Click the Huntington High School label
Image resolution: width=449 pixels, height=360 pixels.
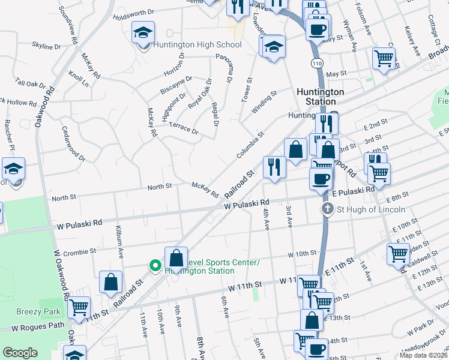click(x=197, y=44)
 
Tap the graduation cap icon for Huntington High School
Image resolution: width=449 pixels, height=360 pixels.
click(x=143, y=32)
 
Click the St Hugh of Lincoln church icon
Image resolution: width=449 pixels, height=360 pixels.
click(x=327, y=209)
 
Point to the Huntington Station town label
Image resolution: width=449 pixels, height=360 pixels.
click(x=321, y=97)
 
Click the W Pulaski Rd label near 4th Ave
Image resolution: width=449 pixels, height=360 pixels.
click(x=246, y=205)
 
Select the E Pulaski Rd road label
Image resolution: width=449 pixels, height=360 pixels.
click(x=353, y=190)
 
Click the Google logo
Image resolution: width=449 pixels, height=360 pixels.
click(x=20, y=353)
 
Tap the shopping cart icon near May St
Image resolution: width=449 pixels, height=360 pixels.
click(x=384, y=59)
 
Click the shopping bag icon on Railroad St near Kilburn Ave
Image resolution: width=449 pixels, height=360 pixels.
click(x=110, y=281)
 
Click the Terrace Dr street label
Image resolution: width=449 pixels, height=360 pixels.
click(x=184, y=127)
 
